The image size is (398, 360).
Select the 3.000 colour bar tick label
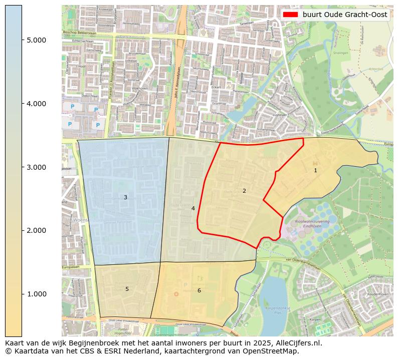36,167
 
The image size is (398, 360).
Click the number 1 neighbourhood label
315,171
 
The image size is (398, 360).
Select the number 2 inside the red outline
244,191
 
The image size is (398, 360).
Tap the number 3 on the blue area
125,198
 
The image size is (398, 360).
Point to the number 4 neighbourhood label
193,208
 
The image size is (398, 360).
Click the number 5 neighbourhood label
127,289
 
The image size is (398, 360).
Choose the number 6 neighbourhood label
199,290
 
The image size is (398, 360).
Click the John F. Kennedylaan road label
176,83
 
